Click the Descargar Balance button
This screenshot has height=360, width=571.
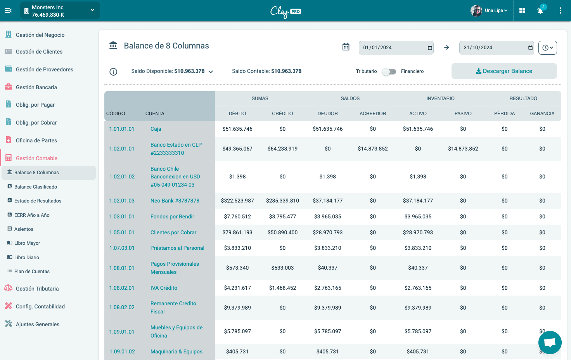pyautogui.click(x=504, y=71)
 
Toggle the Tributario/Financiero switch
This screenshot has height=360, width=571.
pyautogui.click(x=389, y=71)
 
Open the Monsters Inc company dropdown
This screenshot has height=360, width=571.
pyautogui.click(x=60, y=11)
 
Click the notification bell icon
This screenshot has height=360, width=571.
pyautogui.click(x=540, y=10)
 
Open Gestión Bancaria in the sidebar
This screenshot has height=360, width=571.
pyautogui.click(x=36, y=87)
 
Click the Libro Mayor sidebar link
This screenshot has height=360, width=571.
pyautogui.click(x=27, y=243)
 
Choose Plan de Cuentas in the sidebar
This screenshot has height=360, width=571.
pyautogui.click(x=32, y=272)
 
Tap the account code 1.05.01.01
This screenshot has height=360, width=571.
pyautogui.click(x=122, y=232)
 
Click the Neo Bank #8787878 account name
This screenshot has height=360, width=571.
pyautogui.click(x=175, y=201)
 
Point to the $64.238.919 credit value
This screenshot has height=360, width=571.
pyautogui.click(x=282, y=149)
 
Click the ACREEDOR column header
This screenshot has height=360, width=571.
pyautogui.click(x=372, y=114)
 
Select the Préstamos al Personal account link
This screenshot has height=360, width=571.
pyautogui.click(x=177, y=248)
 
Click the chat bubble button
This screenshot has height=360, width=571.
pyautogui.click(x=550, y=343)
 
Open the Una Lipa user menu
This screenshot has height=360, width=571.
pyautogui.click(x=489, y=10)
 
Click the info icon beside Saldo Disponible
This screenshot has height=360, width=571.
pyautogui.click(x=113, y=72)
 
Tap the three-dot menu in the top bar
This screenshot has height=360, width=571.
pyautogui.click(x=560, y=10)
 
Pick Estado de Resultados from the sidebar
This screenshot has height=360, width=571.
pyautogui.click(x=38, y=201)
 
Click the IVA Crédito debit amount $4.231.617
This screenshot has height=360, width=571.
pyautogui.click(x=237, y=288)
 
